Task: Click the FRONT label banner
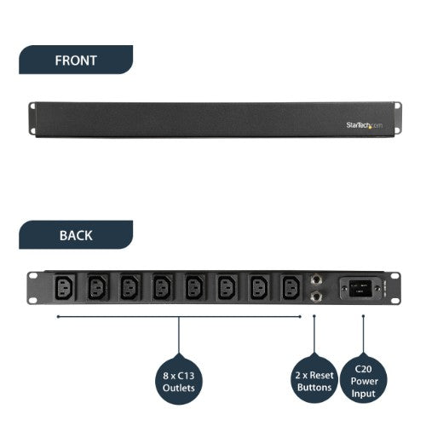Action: coord(75,60)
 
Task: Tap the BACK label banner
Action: coord(75,235)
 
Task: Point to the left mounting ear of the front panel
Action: coord(32,120)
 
